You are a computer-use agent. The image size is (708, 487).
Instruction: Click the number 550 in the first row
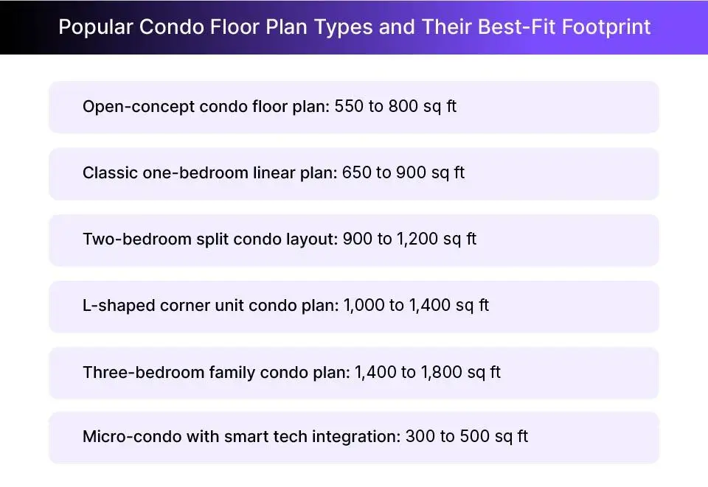349,107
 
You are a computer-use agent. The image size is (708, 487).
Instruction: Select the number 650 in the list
357,173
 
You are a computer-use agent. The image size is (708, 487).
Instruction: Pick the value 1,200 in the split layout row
416,239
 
